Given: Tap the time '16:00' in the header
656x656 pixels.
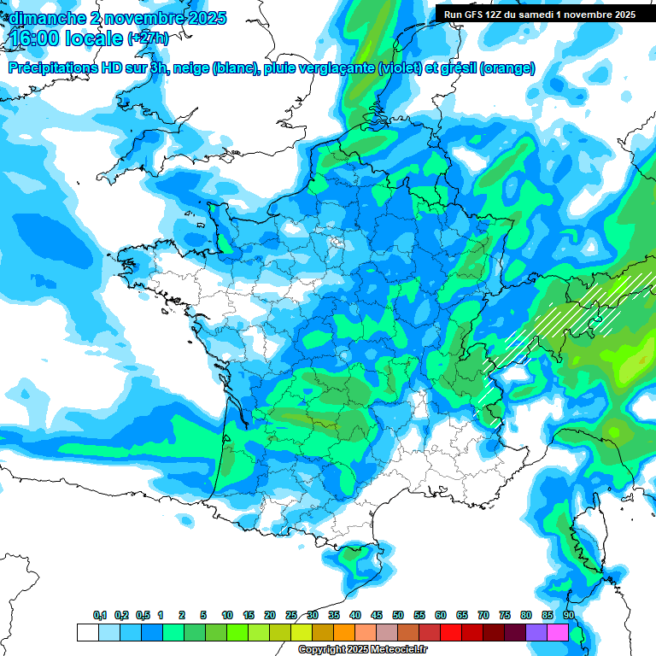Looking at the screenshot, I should [35, 38].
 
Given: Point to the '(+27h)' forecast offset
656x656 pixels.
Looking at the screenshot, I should [149, 39].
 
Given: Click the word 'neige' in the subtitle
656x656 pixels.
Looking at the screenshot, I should [191, 68].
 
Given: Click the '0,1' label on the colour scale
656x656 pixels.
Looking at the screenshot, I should [100, 615].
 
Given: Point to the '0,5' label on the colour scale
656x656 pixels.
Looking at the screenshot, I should [143, 615].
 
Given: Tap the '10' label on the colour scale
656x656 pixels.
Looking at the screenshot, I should [227, 615].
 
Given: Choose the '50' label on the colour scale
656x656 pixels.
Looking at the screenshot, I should [398, 615].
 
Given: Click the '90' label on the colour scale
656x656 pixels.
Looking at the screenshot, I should [568, 615].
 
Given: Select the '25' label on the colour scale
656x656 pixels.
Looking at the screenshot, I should [291, 615].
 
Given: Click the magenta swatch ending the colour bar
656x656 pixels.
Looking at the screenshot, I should [558, 632].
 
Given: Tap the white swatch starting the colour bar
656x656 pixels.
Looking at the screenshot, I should [87, 632].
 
